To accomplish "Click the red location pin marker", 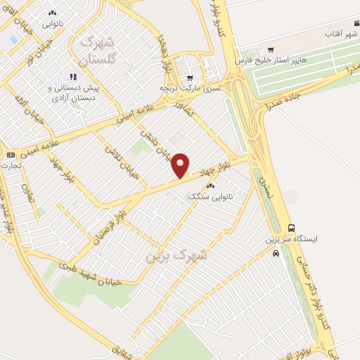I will pyautogui.click(x=181, y=165).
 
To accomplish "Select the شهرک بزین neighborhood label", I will pyautogui.click(x=176, y=255).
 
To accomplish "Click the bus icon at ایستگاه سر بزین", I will pyautogui.click(x=291, y=227).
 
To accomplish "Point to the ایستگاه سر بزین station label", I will pyautogui.click(x=291, y=240).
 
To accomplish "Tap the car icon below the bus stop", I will pyautogui.click(x=276, y=252).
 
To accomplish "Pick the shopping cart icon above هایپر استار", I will pyautogui.click(x=271, y=49).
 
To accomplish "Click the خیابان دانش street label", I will pyautogui.click(x=159, y=144).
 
